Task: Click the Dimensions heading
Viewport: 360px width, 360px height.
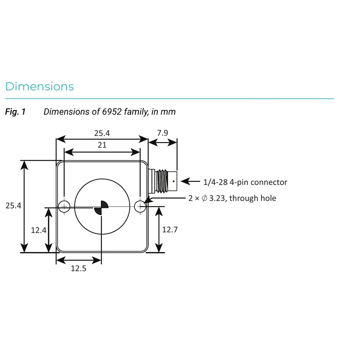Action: [39, 86]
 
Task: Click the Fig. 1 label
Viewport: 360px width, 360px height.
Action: [15, 112]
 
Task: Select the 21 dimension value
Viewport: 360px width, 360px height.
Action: [102, 145]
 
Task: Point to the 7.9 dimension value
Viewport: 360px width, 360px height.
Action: [162, 133]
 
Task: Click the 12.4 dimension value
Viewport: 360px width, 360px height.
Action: [39, 230]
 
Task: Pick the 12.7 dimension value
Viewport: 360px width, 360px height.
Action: [170, 230]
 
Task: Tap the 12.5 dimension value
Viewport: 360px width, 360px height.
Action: [78, 268]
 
